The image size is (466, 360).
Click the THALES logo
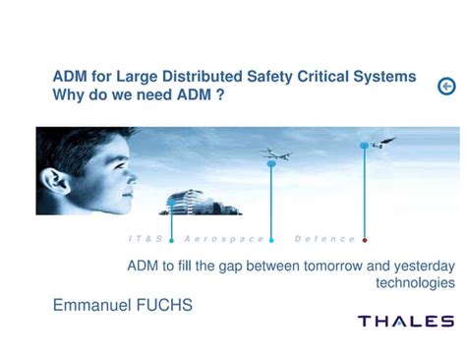pyautogui.click(x=405, y=322)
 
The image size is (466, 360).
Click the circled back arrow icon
pyautogui.click(x=446, y=88)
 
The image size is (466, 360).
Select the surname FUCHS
pyautogui.click(x=165, y=306)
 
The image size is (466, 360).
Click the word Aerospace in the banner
pyautogui.click(x=224, y=239)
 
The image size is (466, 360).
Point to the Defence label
pyautogui.click(x=324, y=239)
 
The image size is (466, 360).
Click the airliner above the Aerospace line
pyautogui.click(x=275, y=153)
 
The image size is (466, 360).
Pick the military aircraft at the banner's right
pyautogui.click(x=381, y=143)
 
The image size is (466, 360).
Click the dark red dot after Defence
pyautogui.click(x=365, y=239)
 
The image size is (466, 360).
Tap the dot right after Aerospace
pyautogui.click(x=271, y=239)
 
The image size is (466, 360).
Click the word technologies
pyautogui.click(x=415, y=282)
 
